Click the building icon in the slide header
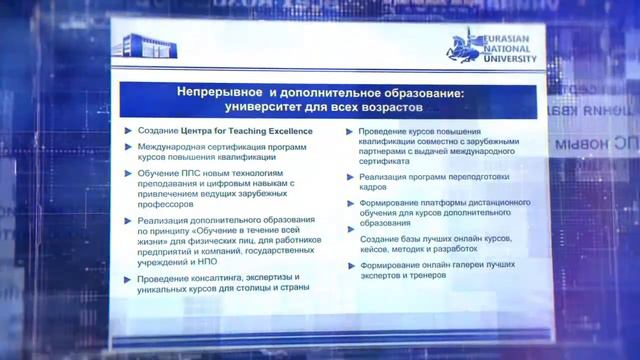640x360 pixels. coord(139,45)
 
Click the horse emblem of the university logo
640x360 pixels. coord(463,44)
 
